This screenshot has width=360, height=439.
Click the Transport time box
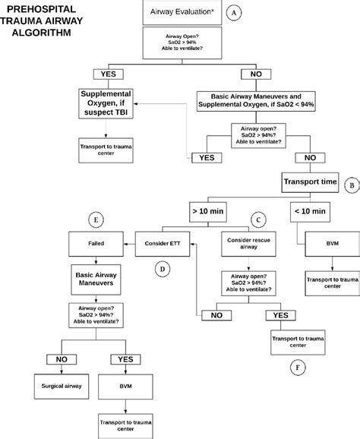[x=310, y=182]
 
